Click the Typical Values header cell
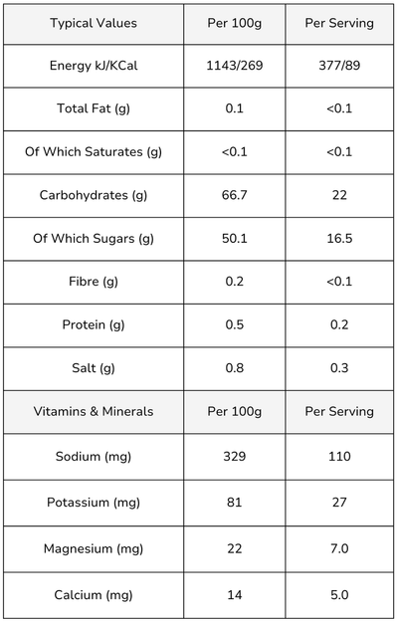tap(94, 23)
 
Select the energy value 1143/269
tap(235, 65)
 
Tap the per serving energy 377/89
tap(339, 65)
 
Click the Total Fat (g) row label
tap(94, 108)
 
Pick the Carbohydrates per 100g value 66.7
tap(235, 195)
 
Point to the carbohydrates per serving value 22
tap(339, 195)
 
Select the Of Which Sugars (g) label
tap(94, 239)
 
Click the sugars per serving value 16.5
tap(339, 239)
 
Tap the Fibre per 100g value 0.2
tap(235, 282)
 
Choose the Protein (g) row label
tap(94, 325)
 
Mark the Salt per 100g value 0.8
tap(235, 368)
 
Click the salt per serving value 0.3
tap(339, 368)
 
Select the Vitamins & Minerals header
tap(94, 411)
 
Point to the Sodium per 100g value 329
tap(235, 456)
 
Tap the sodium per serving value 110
tap(339, 456)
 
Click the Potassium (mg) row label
tap(94, 503)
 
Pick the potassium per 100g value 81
tap(235, 503)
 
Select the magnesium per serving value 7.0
tap(339, 548)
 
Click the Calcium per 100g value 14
tap(235, 595)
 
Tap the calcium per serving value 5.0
tap(339, 595)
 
